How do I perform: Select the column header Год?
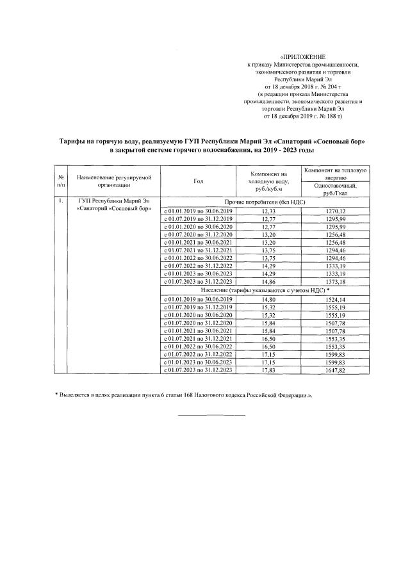point(199,181)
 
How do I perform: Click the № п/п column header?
point(60,181)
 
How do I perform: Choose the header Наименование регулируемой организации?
point(112,181)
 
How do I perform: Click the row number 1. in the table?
point(60,202)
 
